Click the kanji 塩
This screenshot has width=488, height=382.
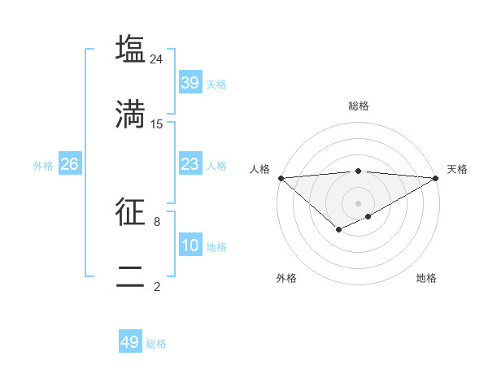[x=131, y=48]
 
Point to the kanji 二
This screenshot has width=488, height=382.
[x=131, y=276]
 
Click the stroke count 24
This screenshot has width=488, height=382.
[x=157, y=59]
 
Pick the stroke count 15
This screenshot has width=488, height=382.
[x=157, y=124]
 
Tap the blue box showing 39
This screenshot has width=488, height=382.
[x=190, y=83]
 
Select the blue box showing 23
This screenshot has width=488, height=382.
[x=190, y=164]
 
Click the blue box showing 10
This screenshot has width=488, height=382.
[x=190, y=245]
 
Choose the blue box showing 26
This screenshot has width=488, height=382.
[x=69, y=164]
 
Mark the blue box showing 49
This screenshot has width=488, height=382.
[x=130, y=342]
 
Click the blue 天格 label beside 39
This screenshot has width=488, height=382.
[x=216, y=85]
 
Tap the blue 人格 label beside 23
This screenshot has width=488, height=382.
[x=216, y=166]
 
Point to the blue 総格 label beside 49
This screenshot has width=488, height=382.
[x=157, y=344]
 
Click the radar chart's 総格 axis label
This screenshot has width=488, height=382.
[x=359, y=106]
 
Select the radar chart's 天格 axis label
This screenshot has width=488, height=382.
[x=457, y=169]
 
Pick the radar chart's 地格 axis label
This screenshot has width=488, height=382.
[x=426, y=278]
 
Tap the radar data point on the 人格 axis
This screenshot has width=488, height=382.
[x=281, y=178]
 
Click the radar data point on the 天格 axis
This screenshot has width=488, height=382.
[x=436, y=178]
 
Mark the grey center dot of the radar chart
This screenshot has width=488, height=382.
[x=358, y=202]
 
